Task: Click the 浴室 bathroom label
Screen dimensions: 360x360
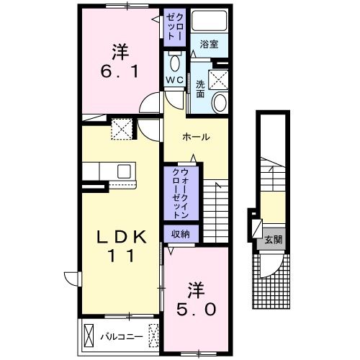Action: click(x=209, y=44)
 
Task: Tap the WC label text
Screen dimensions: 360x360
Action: click(x=175, y=80)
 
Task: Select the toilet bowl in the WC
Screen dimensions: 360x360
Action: click(x=174, y=63)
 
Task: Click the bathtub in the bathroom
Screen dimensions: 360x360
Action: click(x=210, y=20)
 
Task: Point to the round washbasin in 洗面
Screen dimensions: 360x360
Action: click(x=220, y=103)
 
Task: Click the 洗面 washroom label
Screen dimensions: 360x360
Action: click(x=200, y=89)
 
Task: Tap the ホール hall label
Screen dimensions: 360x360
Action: click(x=196, y=138)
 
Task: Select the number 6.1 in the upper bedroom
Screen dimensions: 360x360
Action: click(x=120, y=71)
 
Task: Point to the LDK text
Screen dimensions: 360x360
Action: click(x=121, y=237)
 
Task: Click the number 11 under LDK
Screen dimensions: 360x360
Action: click(x=121, y=256)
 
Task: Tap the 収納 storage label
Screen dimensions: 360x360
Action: click(x=181, y=234)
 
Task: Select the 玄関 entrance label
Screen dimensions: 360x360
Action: click(x=274, y=240)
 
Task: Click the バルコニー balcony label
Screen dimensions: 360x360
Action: click(x=122, y=337)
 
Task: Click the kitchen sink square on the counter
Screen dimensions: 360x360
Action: click(x=124, y=171)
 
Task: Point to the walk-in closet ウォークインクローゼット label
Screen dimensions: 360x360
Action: click(x=181, y=193)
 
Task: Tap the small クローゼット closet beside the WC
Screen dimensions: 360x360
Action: click(x=175, y=27)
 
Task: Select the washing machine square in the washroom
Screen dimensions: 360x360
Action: click(x=218, y=80)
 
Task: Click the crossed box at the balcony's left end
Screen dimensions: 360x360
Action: click(x=89, y=336)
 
